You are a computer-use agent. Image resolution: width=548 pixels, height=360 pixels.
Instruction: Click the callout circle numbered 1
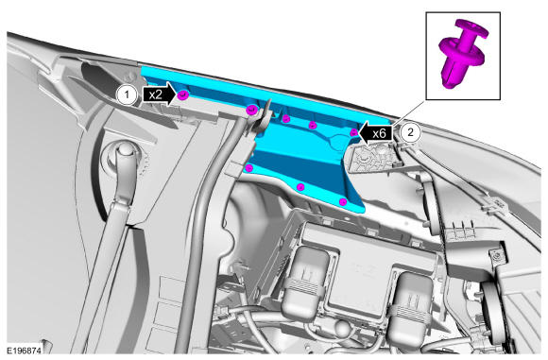click(x=127, y=94)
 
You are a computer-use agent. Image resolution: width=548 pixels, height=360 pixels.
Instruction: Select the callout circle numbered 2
click(x=410, y=132)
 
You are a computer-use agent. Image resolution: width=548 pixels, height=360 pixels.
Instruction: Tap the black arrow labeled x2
click(x=160, y=94)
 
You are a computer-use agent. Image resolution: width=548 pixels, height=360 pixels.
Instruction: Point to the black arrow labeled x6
click(x=376, y=133)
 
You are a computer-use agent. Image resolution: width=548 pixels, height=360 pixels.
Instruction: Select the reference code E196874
click(x=25, y=351)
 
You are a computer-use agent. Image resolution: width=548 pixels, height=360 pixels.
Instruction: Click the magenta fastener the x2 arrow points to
click(x=182, y=95)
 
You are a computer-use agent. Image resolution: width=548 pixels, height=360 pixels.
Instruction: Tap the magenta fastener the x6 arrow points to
click(x=354, y=132)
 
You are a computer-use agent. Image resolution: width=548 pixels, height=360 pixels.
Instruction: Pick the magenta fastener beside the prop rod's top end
click(x=251, y=111)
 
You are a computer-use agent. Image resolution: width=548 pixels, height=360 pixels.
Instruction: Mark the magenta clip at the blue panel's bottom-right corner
click(x=343, y=201)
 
